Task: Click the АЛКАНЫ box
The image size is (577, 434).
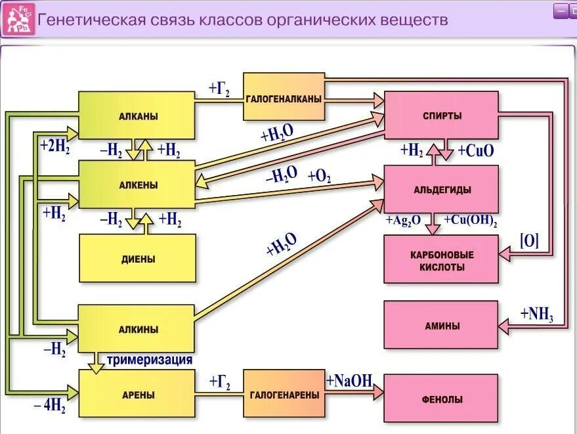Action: [x=137, y=116]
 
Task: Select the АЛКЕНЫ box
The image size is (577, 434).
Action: [x=137, y=184]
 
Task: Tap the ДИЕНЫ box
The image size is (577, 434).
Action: [x=137, y=258]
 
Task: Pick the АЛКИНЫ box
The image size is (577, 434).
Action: [x=137, y=328]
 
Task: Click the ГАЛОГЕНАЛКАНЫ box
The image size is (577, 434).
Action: [x=284, y=97]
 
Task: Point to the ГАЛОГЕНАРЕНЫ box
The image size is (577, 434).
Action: [x=284, y=394]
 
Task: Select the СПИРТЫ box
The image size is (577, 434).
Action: [x=441, y=116]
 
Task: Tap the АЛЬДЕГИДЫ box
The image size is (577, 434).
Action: [x=441, y=189]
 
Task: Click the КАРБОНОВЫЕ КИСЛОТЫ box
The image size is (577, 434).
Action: [x=441, y=259]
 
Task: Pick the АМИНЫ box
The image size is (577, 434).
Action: [x=441, y=325]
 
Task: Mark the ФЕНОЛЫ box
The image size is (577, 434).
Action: [x=441, y=398]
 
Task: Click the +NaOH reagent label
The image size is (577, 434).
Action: [x=349, y=380]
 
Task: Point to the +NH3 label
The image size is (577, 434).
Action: [x=537, y=315]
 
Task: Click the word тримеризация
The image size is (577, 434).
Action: [x=150, y=360]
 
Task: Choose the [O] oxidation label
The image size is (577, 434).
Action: [x=529, y=240]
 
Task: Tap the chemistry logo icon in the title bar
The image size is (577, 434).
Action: [x=18, y=20]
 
